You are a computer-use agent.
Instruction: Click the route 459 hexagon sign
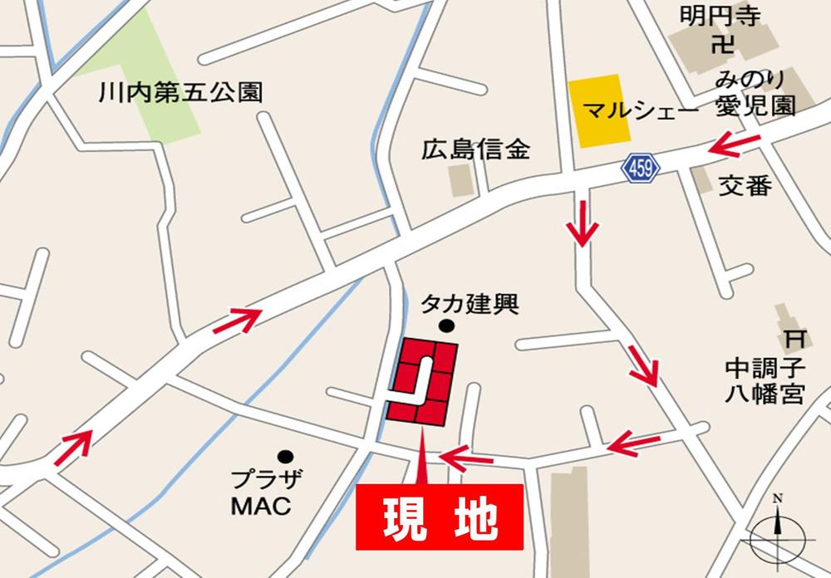640,169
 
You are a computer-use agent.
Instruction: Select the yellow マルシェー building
595,111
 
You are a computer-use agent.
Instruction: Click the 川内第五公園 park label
179,91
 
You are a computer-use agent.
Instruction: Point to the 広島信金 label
475,150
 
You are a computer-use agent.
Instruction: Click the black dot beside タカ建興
446,326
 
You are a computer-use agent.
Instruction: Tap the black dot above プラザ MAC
286,456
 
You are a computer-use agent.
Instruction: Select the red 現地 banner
440,517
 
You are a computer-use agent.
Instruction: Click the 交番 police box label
745,186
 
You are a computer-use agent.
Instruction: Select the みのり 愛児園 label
755,93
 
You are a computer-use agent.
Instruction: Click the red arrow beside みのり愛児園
736,144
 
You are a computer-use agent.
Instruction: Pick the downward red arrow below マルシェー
583,223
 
